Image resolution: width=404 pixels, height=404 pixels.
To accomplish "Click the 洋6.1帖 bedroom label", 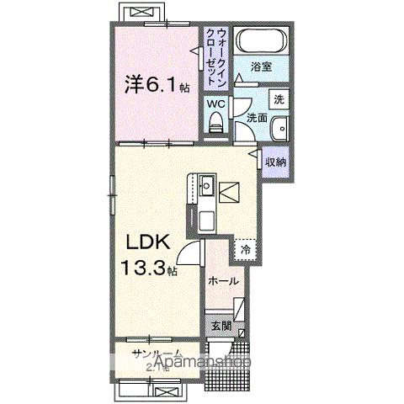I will click(x=157, y=85).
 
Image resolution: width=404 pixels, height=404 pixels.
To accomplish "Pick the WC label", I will click(x=216, y=104).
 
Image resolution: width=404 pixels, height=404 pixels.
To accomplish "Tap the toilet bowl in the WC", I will click(x=217, y=125).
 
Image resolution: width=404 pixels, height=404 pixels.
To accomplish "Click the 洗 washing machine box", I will click(x=279, y=98).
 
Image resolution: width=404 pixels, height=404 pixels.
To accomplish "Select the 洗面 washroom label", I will click(x=258, y=120).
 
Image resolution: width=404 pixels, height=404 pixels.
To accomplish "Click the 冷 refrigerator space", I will click(x=245, y=250).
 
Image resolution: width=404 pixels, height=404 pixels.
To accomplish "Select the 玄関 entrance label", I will click(x=221, y=326).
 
